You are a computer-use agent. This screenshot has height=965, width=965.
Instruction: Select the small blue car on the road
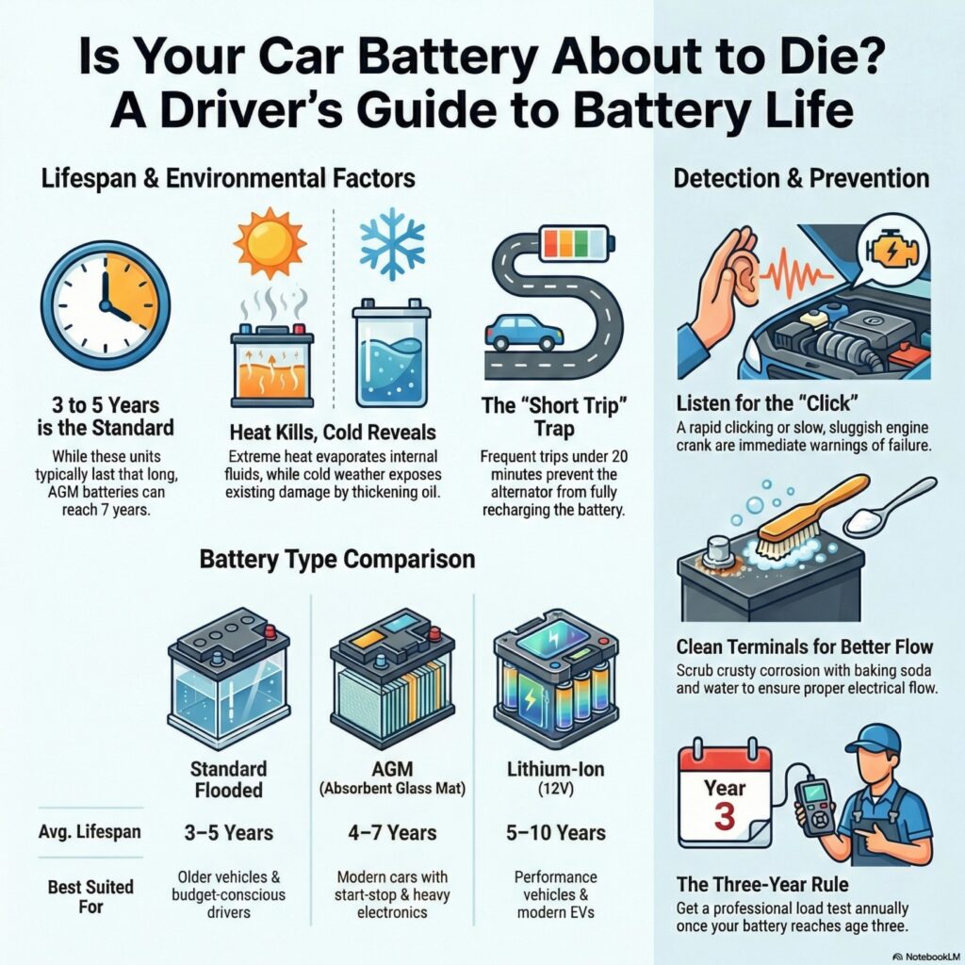[x=523, y=333]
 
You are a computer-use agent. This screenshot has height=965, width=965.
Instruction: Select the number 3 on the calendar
[x=724, y=815]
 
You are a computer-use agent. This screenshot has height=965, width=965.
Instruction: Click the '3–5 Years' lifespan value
[x=228, y=833]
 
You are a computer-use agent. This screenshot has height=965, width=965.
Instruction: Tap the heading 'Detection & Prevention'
[x=800, y=178]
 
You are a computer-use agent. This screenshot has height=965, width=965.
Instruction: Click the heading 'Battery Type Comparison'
[x=336, y=559]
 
